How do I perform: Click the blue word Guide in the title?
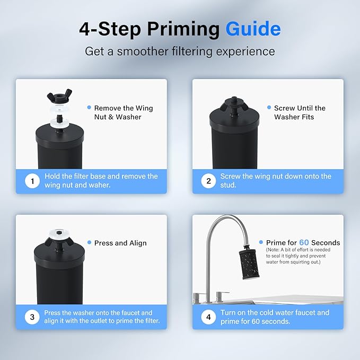[253, 29]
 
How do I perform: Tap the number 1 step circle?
[32, 181]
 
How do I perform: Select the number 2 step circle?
[208, 181]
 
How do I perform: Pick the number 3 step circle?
[32, 317]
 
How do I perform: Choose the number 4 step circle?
[208, 317]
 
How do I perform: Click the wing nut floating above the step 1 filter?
[59, 95]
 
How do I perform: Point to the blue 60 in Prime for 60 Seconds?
[304, 242]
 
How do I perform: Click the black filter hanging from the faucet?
[249, 264]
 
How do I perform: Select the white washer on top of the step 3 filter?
[59, 234]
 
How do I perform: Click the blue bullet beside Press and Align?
[89, 242]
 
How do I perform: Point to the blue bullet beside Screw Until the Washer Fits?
[269, 108]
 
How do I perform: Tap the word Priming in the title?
[183, 29]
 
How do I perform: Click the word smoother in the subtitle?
[143, 51]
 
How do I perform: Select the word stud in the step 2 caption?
[227, 185]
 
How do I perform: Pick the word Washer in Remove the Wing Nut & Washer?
[128, 117]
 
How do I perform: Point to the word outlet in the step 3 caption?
[106, 321]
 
